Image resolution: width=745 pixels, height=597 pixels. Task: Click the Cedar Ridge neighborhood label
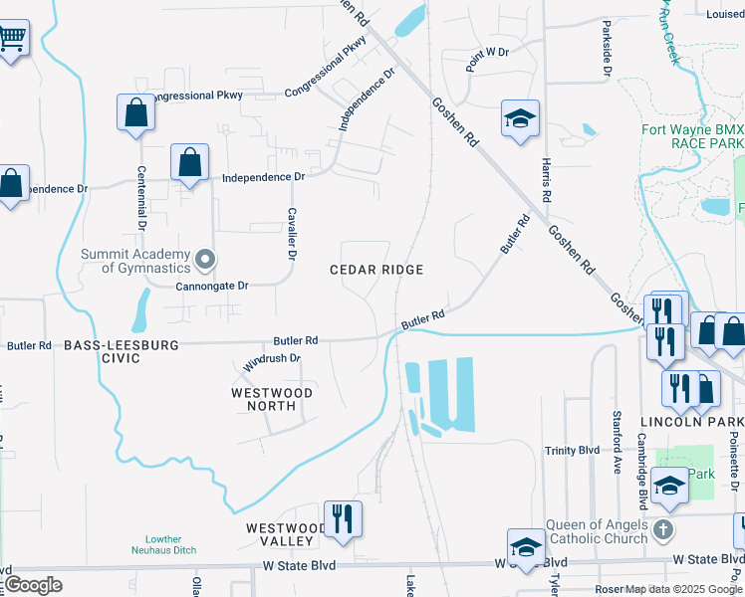[377, 270]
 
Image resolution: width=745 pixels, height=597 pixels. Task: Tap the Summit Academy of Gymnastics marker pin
[205, 261]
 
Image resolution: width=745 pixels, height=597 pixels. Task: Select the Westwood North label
[272, 399]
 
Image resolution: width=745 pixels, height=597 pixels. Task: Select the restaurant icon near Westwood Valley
[343, 518]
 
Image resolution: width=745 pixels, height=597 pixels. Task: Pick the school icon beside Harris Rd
[519, 119]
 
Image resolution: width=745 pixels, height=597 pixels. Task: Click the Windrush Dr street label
[272, 362]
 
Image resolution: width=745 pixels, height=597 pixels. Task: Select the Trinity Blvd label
[572, 451]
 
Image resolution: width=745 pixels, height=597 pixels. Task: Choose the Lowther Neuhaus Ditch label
[163, 543]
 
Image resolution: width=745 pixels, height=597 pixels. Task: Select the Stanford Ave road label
[618, 442]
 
